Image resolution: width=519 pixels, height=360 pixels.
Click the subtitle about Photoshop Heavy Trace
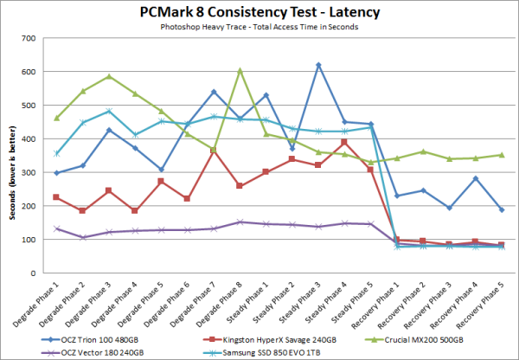click(x=259, y=27)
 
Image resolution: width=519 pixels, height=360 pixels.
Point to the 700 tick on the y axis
click(x=35, y=39)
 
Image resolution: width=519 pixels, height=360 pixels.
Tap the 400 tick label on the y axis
click(x=35, y=139)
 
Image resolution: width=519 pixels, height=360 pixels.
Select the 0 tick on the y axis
click(x=41, y=273)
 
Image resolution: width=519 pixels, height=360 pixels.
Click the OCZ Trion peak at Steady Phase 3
click(x=318, y=66)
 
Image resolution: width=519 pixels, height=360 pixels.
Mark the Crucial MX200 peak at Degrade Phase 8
click(x=240, y=71)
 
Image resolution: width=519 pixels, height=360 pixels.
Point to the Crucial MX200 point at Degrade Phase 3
click(x=109, y=76)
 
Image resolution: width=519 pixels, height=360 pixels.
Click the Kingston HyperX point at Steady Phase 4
click(x=344, y=142)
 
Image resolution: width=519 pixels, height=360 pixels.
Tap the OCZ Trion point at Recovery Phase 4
click(x=475, y=179)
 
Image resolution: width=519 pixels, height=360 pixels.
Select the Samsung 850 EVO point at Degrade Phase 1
click(x=57, y=154)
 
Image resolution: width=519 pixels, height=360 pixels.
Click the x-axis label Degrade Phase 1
click(x=47, y=299)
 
